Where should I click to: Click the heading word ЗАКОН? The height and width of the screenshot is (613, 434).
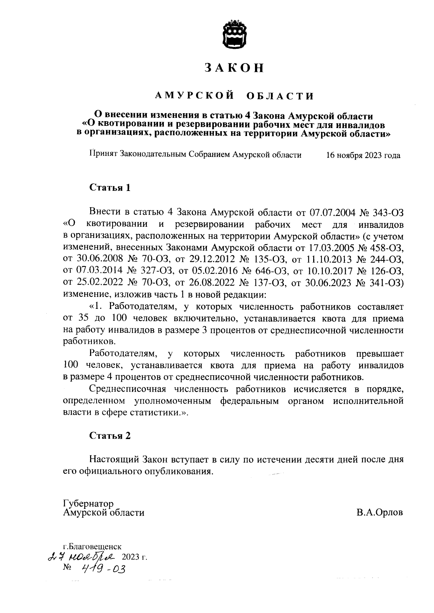pos(234,68)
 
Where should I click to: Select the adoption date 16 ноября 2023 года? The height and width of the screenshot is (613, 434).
pos(363,156)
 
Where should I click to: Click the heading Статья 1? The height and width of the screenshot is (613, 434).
pos(110,188)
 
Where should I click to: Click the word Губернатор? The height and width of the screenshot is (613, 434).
pos(88,503)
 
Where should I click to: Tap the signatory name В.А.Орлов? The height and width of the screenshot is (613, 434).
pos(379,513)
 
